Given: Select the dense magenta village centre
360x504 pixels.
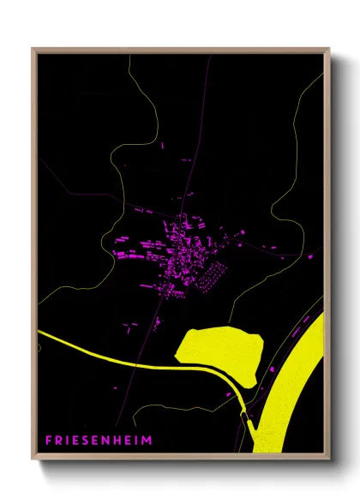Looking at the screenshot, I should (x=184, y=249).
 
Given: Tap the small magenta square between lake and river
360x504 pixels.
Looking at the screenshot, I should (x=273, y=368).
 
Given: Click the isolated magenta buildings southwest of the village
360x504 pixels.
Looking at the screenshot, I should (x=130, y=326).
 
